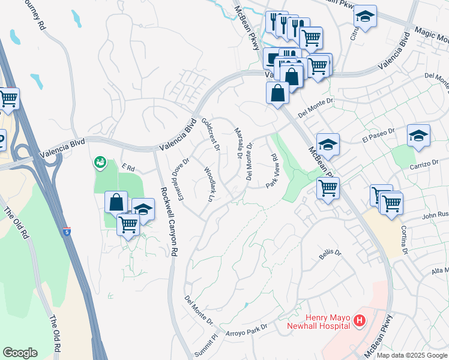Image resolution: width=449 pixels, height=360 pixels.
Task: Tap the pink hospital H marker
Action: [360, 322]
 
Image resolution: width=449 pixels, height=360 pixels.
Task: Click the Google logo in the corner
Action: [20, 353]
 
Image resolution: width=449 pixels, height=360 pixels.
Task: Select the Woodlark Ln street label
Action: [209, 184]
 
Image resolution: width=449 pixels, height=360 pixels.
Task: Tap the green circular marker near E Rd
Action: [100, 162]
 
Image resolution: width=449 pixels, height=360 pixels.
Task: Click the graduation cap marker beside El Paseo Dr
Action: [418, 136]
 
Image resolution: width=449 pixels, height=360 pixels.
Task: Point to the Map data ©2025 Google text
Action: [411, 355]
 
